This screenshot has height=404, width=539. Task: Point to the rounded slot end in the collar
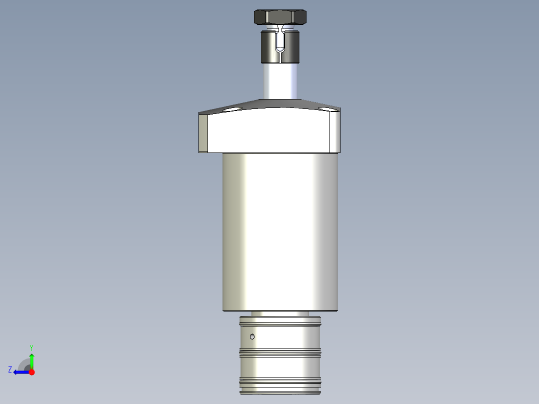(280, 49)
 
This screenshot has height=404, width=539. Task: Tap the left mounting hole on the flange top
(232, 108)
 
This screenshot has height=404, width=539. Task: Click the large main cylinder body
(280, 230)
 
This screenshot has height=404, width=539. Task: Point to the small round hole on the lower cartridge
(252, 336)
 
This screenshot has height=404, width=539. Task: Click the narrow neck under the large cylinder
(280, 313)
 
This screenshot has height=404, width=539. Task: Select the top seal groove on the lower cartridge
(280, 325)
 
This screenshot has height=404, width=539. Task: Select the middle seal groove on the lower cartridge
(280, 353)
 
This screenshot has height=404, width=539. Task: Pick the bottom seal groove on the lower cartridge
(280, 383)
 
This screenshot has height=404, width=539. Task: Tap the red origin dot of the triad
(31, 372)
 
